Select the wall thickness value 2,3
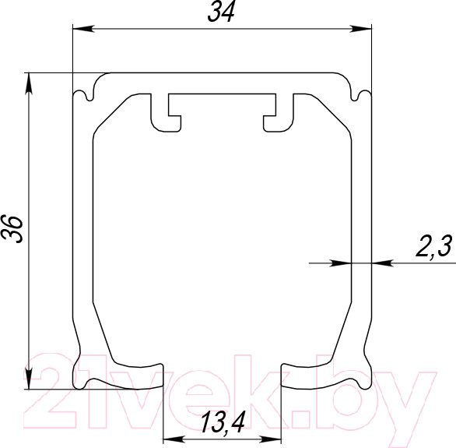[433, 246]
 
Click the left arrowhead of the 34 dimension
[83, 29]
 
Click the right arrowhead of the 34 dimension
[361, 29]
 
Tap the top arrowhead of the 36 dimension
[29, 83]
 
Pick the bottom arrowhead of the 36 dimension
[29, 378]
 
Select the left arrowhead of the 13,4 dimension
[174, 439]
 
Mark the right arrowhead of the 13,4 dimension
[271, 439]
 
